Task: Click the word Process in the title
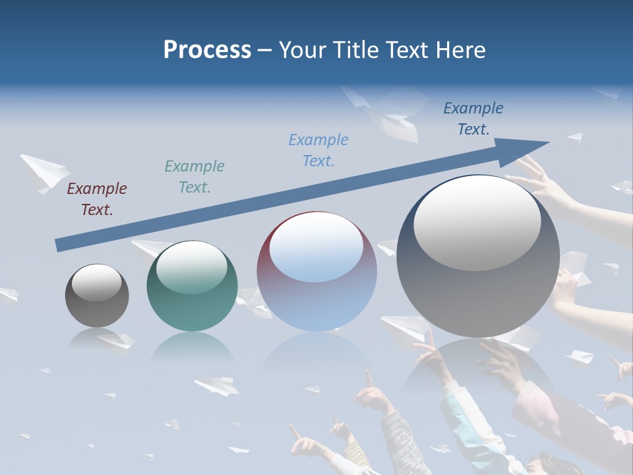[207, 50]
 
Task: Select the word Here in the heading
[461, 50]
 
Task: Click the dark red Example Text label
[97, 199]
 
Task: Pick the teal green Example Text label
[195, 177]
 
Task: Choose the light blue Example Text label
[318, 150]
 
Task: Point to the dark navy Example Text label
[473, 119]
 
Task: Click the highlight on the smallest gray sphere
[97, 283]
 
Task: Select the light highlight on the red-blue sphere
[316, 247]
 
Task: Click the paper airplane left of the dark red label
[44, 172]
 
